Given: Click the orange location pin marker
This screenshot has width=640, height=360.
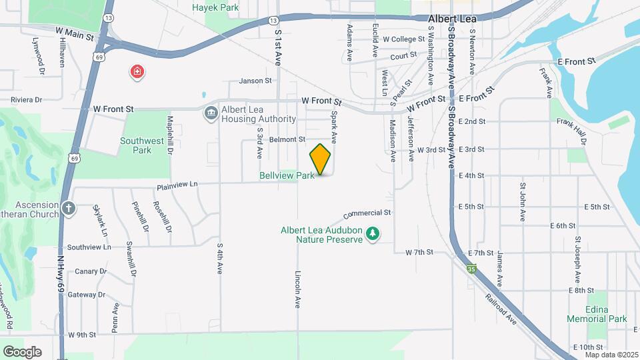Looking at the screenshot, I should (321, 159).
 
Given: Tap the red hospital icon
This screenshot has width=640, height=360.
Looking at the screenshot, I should (138, 71).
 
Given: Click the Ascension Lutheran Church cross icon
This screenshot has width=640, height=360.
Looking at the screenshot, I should (68, 209).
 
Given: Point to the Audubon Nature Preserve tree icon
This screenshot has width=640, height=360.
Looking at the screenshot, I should (374, 234).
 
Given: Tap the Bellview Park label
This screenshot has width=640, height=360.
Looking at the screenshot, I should (287, 175).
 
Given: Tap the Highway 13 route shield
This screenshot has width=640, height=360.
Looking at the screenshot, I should (109, 18).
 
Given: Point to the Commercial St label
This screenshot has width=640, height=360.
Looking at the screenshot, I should (367, 215).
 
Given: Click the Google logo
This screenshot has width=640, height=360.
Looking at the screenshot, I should (22, 352).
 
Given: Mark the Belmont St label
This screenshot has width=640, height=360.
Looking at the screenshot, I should (287, 139).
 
